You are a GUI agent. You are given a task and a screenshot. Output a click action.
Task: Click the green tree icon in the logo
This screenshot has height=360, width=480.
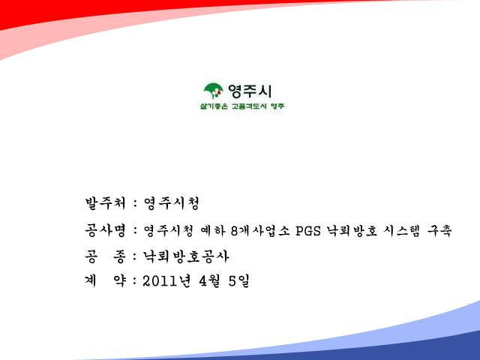pyautogui.click(x=213, y=91)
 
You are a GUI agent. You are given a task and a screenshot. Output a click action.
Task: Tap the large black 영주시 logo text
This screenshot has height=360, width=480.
pyautogui.click(x=250, y=91)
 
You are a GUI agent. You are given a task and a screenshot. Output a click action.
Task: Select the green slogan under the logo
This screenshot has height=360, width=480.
pyautogui.click(x=242, y=106)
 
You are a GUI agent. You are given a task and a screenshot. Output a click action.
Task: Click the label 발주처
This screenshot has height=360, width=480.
pyautogui.click(x=105, y=203)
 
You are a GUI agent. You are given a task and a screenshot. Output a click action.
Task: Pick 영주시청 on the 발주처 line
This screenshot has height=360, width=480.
pyautogui.click(x=172, y=203)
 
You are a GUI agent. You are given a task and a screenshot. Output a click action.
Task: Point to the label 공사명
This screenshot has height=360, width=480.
pyautogui.click(x=105, y=230)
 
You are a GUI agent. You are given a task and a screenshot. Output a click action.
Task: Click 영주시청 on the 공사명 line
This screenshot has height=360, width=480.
pyautogui.click(x=169, y=230)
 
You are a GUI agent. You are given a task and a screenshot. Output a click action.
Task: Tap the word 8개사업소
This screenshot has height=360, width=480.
pyautogui.click(x=260, y=230)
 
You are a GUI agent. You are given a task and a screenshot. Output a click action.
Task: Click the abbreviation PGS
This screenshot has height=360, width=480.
pyautogui.click(x=308, y=231)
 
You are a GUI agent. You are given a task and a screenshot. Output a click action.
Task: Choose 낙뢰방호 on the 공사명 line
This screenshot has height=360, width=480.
pyautogui.click(x=352, y=230)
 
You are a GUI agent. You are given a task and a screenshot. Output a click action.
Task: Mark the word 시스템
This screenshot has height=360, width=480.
pyautogui.click(x=402, y=230)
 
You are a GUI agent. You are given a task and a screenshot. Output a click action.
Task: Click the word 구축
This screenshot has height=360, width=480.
pyautogui.click(x=439, y=230)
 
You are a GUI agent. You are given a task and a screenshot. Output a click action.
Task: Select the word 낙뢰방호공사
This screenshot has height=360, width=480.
pyautogui.click(x=186, y=256)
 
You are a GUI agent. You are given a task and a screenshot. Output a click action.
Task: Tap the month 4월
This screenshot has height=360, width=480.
pyautogui.click(x=209, y=281)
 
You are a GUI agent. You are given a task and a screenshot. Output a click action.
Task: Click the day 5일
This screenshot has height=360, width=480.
pyautogui.click(x=238, y=281)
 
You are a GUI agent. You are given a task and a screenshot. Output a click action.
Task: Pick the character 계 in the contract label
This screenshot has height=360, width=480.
pyautogui.click(x=91, y=281)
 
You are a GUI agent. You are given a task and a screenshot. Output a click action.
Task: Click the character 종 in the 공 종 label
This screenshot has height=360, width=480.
pyautogui.click(x=119, y=256)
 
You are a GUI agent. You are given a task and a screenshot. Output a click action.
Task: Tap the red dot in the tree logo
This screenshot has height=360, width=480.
pyautogui.click(x=219, y=91)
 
